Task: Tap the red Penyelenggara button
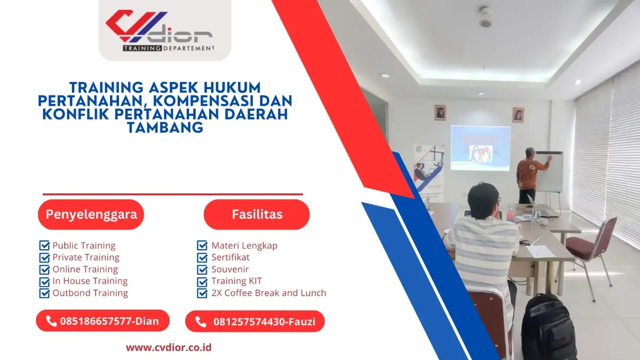(91, 214)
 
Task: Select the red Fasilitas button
(257, 214)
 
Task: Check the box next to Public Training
(44, 246)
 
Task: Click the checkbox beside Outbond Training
(44, 293)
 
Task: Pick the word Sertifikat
(230, 258)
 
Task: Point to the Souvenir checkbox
(202, 270)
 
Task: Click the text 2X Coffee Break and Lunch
(269, 293)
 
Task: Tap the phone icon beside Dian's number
(51, 321)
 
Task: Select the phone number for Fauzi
(264, 322)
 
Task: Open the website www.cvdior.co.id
(169, 348)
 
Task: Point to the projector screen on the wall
(480, 148)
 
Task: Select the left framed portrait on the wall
(440, 112)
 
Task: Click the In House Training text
(90, 281)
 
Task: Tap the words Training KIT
(237, 281)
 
